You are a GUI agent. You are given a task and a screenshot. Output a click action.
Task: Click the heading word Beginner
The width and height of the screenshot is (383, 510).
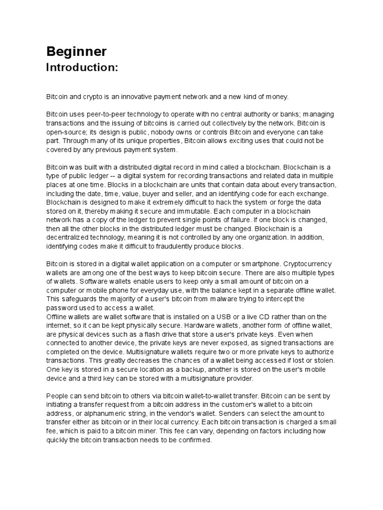pyautogui.click(x=76, y=51)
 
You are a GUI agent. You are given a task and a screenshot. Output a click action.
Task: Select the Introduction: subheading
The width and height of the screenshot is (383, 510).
pyautogui.click(x=82, y=67)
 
